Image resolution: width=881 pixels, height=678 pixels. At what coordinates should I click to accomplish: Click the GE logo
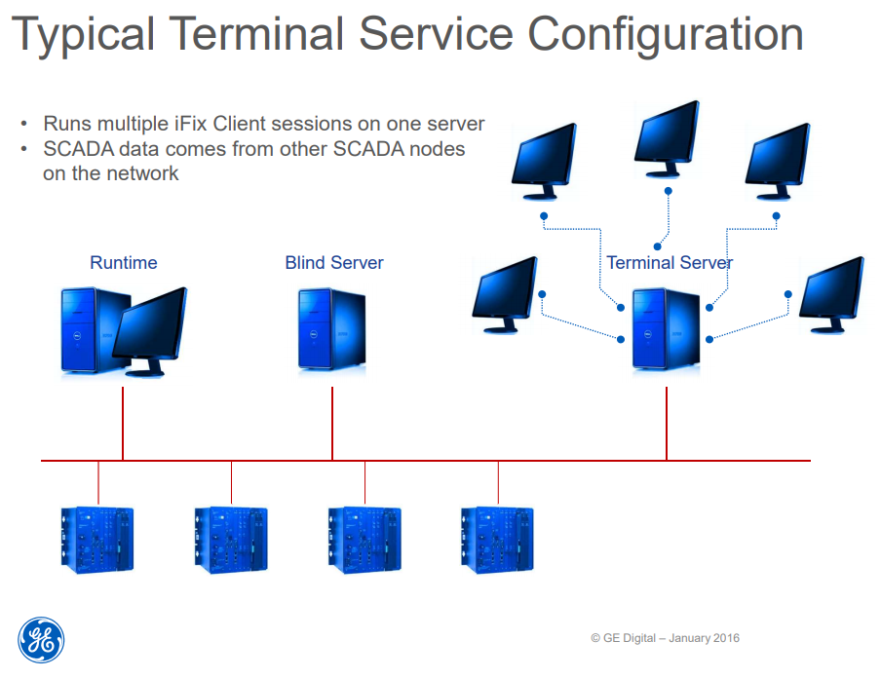pos(41,641)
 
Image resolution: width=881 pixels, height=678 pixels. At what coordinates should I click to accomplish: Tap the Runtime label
pos(123,263)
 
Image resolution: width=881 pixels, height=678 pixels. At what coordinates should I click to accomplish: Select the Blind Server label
pos(334,263)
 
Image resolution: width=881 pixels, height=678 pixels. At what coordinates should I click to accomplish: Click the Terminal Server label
pos(669,263)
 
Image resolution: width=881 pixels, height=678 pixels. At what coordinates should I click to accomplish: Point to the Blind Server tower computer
pos(332,329)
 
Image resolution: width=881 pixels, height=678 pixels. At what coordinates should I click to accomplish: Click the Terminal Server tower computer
pos(666,328)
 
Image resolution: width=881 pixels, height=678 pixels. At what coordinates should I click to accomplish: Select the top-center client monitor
pos(667,136)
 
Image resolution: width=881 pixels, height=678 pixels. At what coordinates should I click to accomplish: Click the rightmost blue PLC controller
pos(497,537)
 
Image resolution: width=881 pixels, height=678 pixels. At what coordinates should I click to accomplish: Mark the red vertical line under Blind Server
pos(332,424)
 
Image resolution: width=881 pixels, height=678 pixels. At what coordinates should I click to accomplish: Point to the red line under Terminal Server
pos(667,424)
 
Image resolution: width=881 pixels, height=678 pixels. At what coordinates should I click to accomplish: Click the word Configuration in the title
pos(666,35)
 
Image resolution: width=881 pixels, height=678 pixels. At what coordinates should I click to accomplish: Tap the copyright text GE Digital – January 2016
pos(665,638)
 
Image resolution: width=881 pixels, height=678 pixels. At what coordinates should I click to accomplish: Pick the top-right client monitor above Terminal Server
pos(777,157)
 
